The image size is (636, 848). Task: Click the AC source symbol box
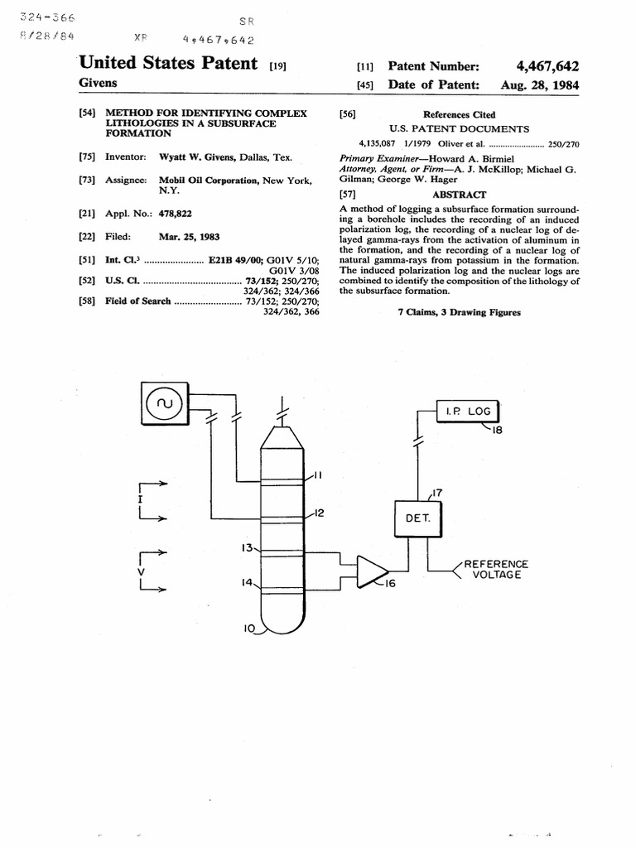tap(165, 403)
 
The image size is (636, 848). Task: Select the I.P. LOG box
tap(467, 411)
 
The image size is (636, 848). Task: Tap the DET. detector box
tap(417, 518)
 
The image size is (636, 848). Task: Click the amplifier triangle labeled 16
tap(373, 571)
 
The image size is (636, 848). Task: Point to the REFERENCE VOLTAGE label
tap(496, 570)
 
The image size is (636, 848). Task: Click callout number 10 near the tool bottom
tap(248, 629)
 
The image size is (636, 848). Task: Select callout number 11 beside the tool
tap(317, 475)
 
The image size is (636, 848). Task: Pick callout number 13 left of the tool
tap(247, 548)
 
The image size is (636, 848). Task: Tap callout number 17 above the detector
tap(437, 493)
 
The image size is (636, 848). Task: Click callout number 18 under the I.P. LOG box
tap(497, 430)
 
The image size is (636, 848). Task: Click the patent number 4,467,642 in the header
tap(547, 66)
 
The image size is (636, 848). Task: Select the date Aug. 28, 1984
tap(540, 85)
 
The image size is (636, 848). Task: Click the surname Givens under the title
tap(98, 83)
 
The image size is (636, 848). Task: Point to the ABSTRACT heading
tap(459, 195)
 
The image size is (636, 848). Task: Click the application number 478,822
tap(176, 214)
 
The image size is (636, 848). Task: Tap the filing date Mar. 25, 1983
tap(190, 237)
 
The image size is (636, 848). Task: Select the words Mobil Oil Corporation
tap(209, 180)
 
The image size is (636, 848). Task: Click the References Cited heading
tap(459, 114)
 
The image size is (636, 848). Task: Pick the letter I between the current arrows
tap(140, 499)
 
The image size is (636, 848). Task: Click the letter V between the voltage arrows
tap(141, 572)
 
